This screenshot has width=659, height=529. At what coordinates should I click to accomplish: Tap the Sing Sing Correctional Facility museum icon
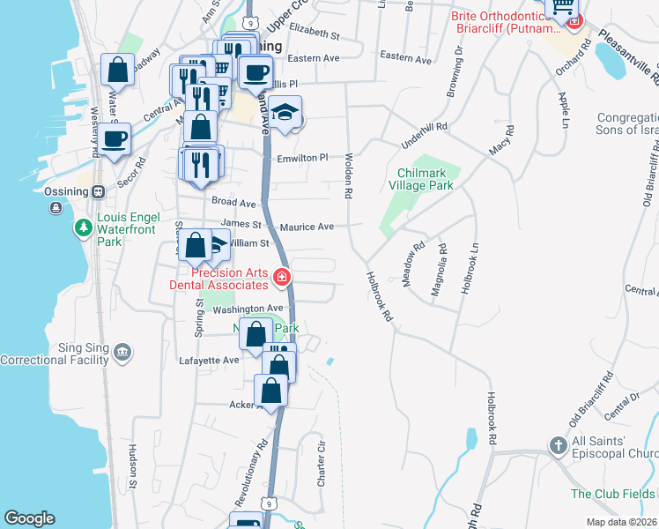tap(122, 354)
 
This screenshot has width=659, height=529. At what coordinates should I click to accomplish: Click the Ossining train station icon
tap(98, 190)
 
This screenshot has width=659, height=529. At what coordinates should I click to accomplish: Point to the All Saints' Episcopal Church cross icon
tap(558, 446)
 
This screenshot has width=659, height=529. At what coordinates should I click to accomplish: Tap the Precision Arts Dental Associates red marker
tap(282, 278)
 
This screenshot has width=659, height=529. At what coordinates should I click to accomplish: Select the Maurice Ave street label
tap(307, 227)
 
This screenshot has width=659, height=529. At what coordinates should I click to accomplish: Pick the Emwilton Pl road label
tap(302, 157)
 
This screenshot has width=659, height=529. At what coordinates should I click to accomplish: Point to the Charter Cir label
tap(322, 466)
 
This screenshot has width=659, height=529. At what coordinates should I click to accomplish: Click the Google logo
tap(29, 518)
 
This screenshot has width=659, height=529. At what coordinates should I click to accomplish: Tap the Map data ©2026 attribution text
tap(621, 522)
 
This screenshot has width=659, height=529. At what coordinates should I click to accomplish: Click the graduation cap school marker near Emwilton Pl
tap(285, 113)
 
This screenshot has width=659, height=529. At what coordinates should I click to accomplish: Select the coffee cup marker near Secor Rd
tap(115, 138)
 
